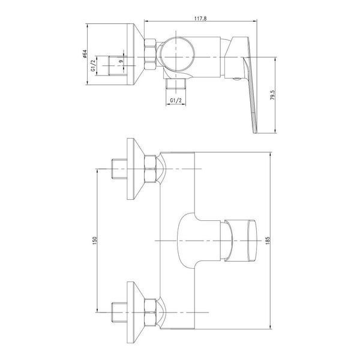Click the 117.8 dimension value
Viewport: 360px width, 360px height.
coord(200,18)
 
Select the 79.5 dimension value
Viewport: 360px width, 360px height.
coord(272,95)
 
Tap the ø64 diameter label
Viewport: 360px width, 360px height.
coord(84,54)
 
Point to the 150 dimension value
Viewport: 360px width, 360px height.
coord(95,240)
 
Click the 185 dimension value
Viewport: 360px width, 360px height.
coord(268,241)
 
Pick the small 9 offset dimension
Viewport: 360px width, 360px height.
coord(121,61)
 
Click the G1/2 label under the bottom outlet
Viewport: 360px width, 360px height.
coord(176,100)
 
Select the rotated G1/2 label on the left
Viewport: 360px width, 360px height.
coord(93,65)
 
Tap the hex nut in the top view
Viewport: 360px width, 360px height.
coord(150,54)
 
